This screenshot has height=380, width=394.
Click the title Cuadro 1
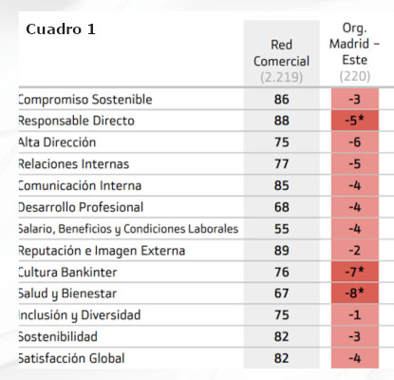[x=61, y=29]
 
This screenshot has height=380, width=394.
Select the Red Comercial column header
[x=281, y=53]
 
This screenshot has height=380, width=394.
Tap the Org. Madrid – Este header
[x=354, y=44]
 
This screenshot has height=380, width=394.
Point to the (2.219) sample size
[x=281, y=77]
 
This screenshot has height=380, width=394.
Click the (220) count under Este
[x=355, y=76]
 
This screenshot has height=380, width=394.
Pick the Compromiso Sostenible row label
[x=85, y=100]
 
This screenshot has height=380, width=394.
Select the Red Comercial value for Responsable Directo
[x=282, y=121]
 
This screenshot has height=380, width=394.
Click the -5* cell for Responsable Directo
[x=355, y=121]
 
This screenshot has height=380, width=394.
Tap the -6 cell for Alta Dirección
[x=355, y=142]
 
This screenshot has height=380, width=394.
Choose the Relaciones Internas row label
[x=74, y=164]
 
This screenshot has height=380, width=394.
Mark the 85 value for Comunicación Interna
[x=282, y=185]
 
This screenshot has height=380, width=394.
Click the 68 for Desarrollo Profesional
[x=282, y=207]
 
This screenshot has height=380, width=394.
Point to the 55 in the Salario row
[x=282, y=229]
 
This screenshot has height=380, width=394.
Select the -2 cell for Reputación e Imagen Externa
[x=355, y=251]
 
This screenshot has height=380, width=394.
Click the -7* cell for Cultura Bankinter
[x=355, y=272]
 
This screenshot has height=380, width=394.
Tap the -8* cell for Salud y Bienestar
[x=355, y=294]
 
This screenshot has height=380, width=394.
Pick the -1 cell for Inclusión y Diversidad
[x=355, y=315]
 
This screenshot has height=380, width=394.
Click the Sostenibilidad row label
[x=58, y=336]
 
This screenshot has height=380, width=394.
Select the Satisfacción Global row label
[x=71, y=358]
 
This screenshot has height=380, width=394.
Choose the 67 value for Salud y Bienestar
[x=282, y=294]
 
